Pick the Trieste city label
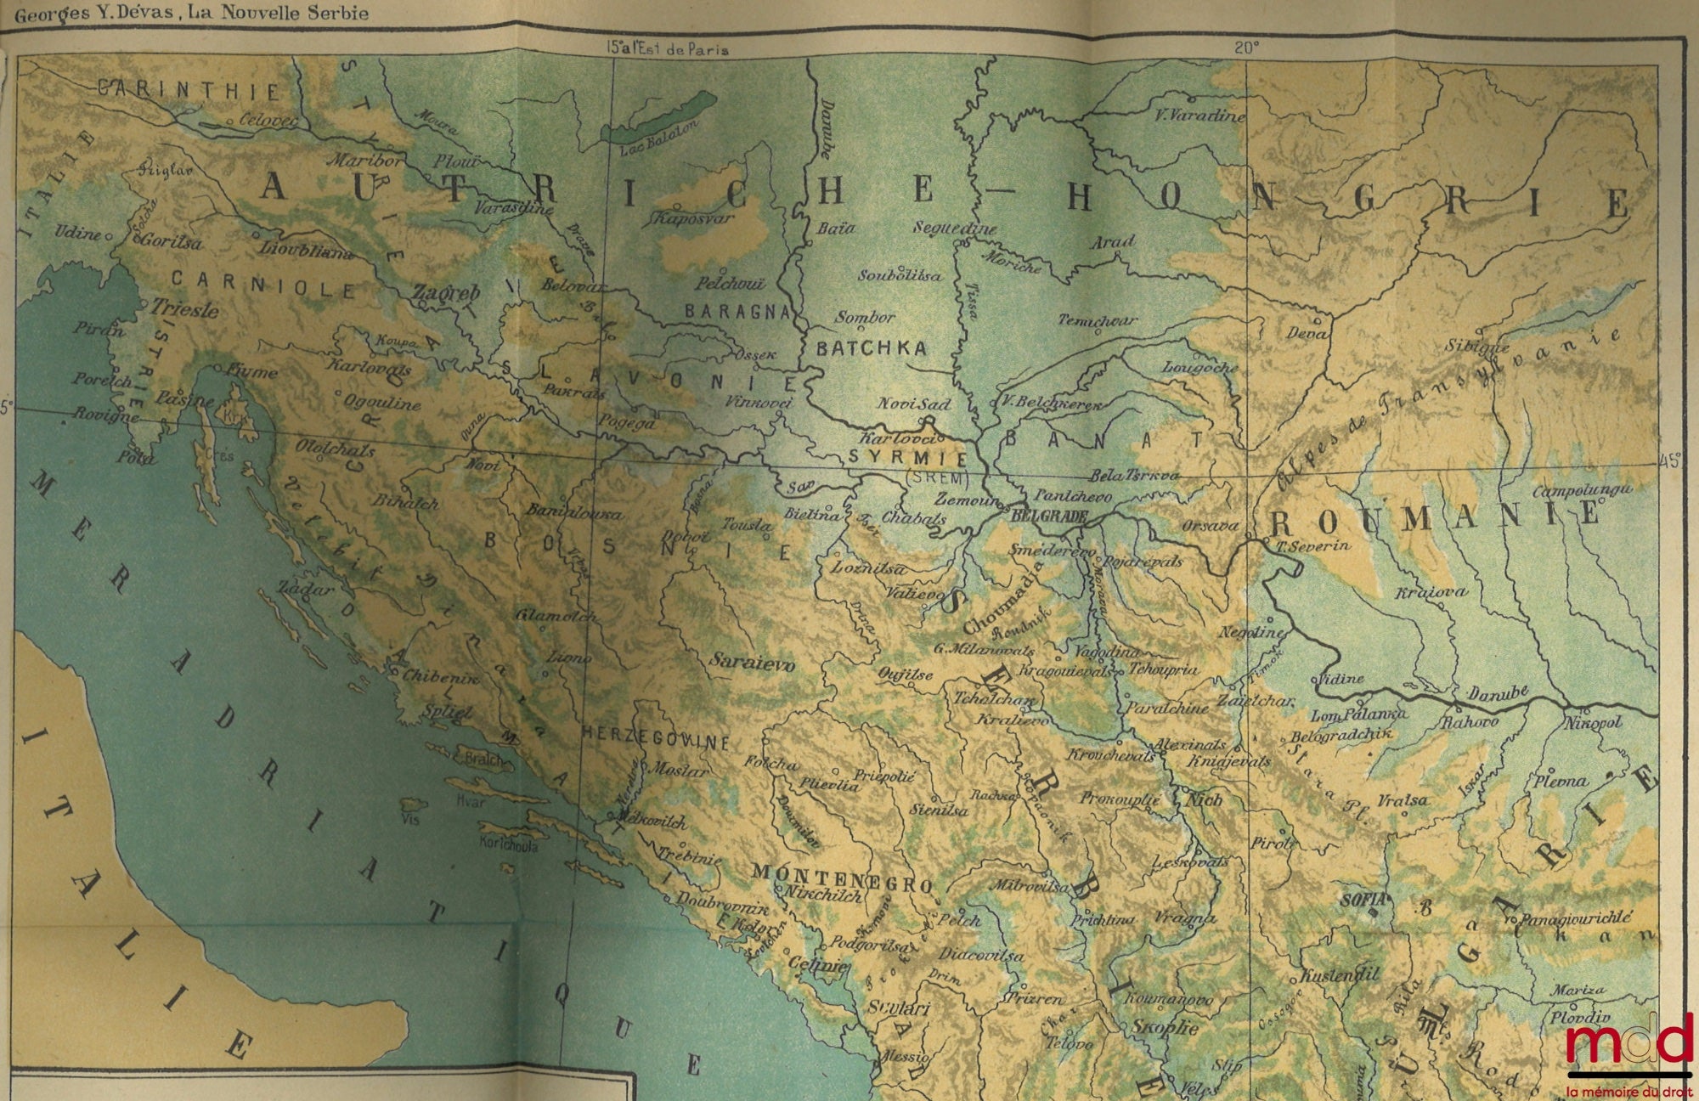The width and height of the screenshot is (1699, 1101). pos(184,310)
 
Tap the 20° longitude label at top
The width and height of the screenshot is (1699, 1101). pos(1246,48)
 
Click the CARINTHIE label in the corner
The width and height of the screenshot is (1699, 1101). pos(188,90)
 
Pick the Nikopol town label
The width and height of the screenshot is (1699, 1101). pos(1597,722)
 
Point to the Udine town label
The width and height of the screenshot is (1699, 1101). pos(77,232)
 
